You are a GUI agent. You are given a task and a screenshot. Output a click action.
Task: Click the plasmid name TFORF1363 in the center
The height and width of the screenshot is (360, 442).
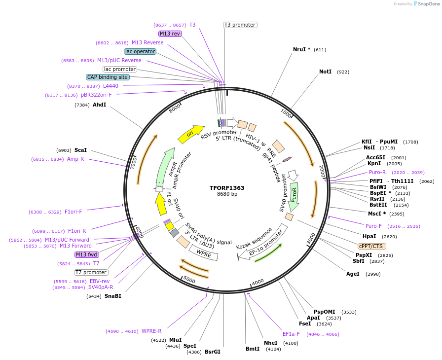[x=227, y=188]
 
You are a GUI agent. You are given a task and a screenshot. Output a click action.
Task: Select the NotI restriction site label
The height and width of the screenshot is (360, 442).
[x=326, y=72]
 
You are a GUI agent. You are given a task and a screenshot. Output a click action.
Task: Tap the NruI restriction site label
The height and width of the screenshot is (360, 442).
[x=301, y=49]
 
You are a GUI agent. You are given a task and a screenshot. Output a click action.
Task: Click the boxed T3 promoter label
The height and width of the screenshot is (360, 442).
[x=240, y=25]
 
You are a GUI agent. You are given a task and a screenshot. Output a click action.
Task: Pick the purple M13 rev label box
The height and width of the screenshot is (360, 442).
[x=170, y=34]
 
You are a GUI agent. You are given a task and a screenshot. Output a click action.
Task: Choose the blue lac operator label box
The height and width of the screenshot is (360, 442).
[x=140, y=51]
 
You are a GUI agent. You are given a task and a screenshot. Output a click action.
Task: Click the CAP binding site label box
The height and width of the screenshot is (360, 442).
[x=108, y=77]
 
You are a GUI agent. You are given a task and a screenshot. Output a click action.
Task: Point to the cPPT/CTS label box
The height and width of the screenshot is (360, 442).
[x=372, y=246]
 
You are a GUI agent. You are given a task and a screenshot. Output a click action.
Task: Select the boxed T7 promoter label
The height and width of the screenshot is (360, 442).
[x=91, y=272]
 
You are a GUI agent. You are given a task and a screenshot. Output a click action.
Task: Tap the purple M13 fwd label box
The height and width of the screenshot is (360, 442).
[x=87, y=254]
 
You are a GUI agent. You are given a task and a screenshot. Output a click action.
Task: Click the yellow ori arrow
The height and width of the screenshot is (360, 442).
[x=191, y=134]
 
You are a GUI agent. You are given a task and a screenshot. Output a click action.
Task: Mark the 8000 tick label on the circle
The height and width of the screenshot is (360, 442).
[x=175, y=108]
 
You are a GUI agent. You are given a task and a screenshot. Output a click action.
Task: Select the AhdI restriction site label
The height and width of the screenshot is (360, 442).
[x=99, y=105]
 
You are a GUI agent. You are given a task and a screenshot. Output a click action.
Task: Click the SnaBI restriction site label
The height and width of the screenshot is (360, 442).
[x=112, y=296]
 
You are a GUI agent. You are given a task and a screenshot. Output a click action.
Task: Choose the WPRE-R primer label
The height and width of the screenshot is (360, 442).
[x=151, y=331]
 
